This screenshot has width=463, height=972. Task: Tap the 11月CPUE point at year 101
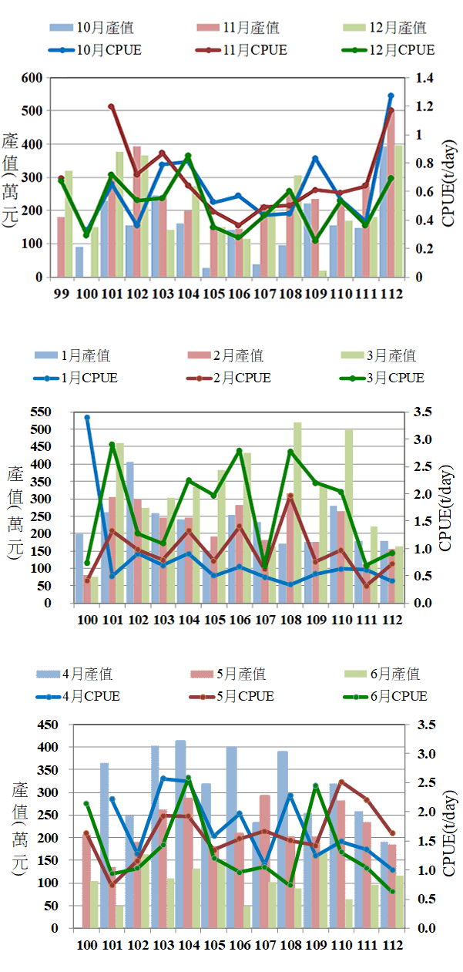click(111, 106)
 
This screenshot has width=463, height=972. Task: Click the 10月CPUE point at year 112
click(391, 96)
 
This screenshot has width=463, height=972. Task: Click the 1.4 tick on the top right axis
click(426, 78)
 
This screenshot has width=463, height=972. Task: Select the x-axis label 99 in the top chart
click(61, 294)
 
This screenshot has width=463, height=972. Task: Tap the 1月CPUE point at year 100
click(87, 418)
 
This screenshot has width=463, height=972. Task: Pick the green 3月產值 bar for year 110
click(348, 516)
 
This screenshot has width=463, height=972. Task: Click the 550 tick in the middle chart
click(52, 412)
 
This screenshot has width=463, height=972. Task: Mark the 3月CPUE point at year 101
click(112, 445)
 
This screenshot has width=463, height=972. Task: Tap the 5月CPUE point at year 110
click(341, 782)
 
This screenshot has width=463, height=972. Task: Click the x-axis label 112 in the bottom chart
click(391, 945)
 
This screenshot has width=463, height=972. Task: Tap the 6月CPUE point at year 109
click(315, 786)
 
